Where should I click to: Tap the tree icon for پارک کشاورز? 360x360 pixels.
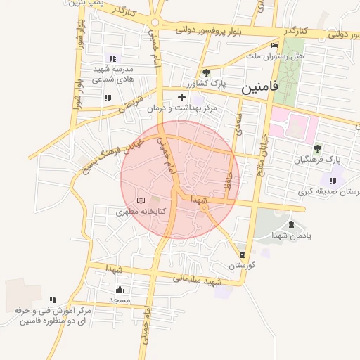205,72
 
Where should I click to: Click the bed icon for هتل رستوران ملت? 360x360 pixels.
274,45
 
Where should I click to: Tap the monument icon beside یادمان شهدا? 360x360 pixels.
291,225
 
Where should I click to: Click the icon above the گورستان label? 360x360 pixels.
243,255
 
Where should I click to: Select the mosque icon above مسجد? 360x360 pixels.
120,289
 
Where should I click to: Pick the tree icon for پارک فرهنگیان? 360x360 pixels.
317,148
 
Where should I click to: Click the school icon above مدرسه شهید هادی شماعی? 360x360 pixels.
112,58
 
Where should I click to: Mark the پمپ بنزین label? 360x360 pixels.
87,4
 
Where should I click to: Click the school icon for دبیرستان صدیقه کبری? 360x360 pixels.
332,181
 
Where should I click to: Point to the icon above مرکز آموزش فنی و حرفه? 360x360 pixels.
53,300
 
